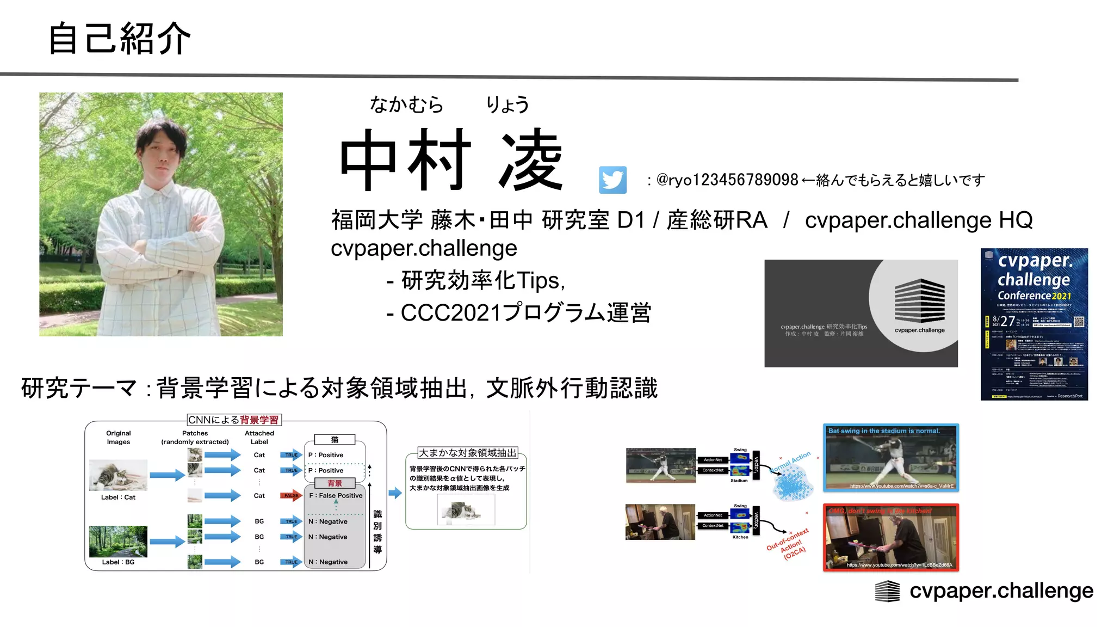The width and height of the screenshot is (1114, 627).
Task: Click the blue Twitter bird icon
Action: [612, 180]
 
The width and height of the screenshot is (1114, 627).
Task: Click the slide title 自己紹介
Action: [120, 39]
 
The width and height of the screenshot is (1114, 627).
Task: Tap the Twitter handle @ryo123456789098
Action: [727, 180]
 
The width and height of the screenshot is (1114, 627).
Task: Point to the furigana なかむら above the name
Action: [407, 104]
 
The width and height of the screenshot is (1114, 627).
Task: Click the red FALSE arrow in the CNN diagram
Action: [291, 495]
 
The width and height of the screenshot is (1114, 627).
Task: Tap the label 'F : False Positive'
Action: [336, 495]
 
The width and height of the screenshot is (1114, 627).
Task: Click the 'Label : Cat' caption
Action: [118, 497]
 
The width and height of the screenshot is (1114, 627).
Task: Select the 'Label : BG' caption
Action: [118, 562]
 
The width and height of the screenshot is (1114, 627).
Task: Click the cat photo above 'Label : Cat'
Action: [118, 475]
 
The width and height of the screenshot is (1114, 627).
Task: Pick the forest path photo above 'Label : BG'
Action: [118, 541]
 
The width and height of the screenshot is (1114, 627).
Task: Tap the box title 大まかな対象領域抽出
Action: [467, 453]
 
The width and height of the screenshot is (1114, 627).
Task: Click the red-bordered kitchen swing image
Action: [890, 537]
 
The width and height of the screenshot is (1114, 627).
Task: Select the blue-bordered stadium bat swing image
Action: [890, 458]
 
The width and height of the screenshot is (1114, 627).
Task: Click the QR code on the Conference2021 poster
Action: [1079, 322]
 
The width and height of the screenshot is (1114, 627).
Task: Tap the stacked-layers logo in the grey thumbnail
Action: [919, 300]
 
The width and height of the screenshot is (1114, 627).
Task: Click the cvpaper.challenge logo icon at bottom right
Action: [887, 591]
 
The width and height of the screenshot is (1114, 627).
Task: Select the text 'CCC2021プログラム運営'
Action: [525, 313]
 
